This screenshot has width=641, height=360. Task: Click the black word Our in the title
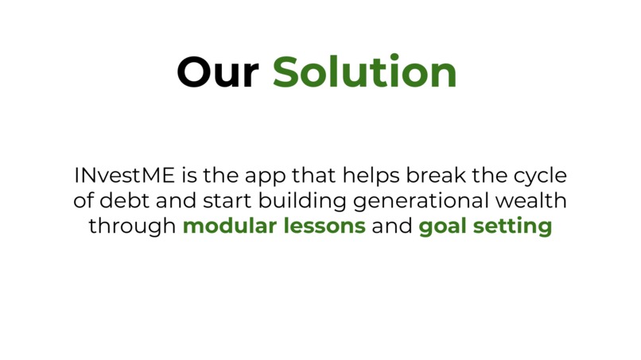(x=217, y=72)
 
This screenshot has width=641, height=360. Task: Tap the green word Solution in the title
(x=365, y=72)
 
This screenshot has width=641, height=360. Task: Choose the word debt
(x=130, y=200)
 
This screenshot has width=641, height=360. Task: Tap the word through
(x=132, y=226)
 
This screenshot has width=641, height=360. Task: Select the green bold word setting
(x=513, y=226)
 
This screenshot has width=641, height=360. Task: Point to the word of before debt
(x=95, y=200)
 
